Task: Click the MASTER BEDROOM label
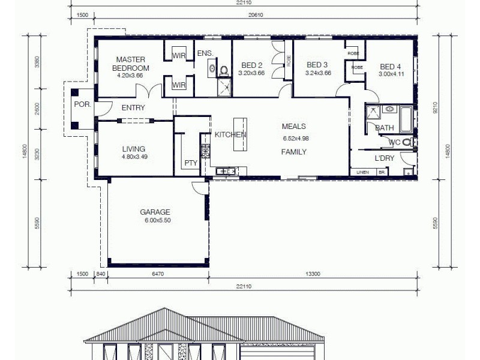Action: (132, 64)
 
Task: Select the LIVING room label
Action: (133, 149)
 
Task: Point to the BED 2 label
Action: (251, 65)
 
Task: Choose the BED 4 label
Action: (390, 67)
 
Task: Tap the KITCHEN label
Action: (230, 134)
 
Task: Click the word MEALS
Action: (294, 127)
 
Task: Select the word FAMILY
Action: (294, 152)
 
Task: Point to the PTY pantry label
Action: (191, 163)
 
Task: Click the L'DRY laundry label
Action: (384, 158)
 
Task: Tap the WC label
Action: (394, 142)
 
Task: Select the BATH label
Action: (384, 128)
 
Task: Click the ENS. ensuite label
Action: (205, 54)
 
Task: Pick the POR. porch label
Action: (82, 104)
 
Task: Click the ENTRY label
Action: (133, 108)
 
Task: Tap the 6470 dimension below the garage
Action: (158, 274)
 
